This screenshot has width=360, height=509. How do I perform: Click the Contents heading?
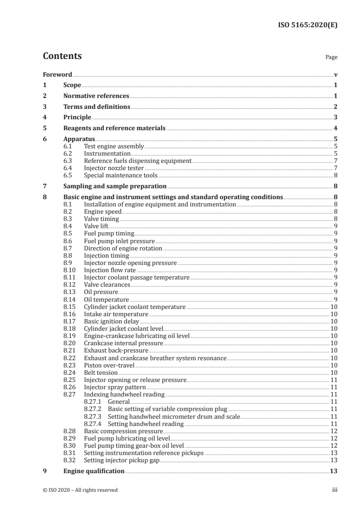click(62, 56)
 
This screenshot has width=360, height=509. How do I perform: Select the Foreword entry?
click(57, 74)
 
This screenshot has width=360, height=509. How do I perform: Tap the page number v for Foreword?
click(335, 74)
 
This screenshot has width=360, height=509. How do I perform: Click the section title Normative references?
click(96, 96)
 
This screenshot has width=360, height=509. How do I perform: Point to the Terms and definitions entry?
click(97, 107)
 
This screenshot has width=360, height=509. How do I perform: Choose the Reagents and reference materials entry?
click(114, 128)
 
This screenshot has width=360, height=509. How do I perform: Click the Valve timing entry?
click(102, 219)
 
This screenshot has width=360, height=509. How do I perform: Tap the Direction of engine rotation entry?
click(123, 249)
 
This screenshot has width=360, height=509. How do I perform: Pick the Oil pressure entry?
click(101, 292)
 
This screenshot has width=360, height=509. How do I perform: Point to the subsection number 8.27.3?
click(94, 416)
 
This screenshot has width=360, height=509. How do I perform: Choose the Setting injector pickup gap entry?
click(122, 460)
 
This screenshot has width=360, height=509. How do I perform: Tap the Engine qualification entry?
click(94, 471)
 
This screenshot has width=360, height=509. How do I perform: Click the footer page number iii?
click(335, 490)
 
